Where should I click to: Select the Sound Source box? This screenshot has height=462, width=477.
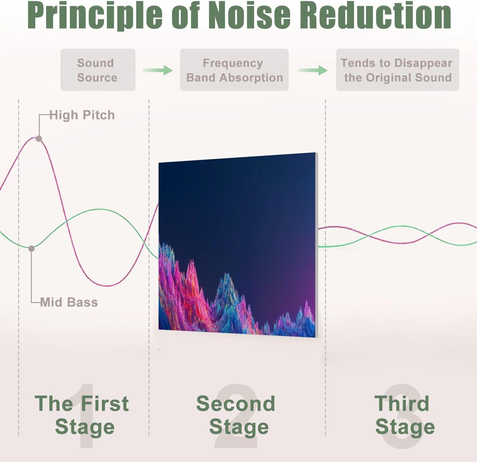pyautogui.click(x=98, y=70)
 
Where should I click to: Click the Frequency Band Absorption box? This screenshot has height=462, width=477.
pyautogui.click(x=234, y=70)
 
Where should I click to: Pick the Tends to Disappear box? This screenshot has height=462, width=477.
pyautogui.click(x=397, y=70)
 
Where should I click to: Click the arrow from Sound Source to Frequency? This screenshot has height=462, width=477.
pyautogui.click(x=157, y=70)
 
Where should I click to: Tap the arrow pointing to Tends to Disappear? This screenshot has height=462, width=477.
pyautogui.click(x=313, y=70)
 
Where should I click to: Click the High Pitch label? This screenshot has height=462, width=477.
pyautogui.click(x=82, y=115)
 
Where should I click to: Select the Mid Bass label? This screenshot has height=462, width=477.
pyautogui.click(x=69, y=302)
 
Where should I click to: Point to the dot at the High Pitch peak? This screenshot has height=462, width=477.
pyautogui.click(x=39, y=138)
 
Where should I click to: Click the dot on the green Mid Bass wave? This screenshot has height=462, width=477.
pyautogui.click(x=31, y=248)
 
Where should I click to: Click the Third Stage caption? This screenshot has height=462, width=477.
pyautogui.click(x=404, y=415)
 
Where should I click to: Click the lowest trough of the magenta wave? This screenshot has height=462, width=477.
pyautogui.click(x=108, y=286)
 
